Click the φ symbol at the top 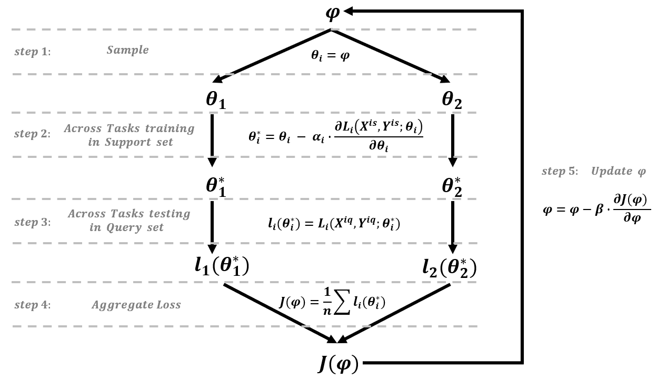pos(332,13)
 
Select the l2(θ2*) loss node pos(449,268)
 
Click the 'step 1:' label pos(32,52)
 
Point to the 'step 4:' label pos(32,305)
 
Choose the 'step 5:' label pos(561,172)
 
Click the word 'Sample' pos(127,50)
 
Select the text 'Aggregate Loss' pos(136,305)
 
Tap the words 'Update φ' pos(618,172)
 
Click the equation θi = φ pos(330,55)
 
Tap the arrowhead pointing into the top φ pos(350,11)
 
